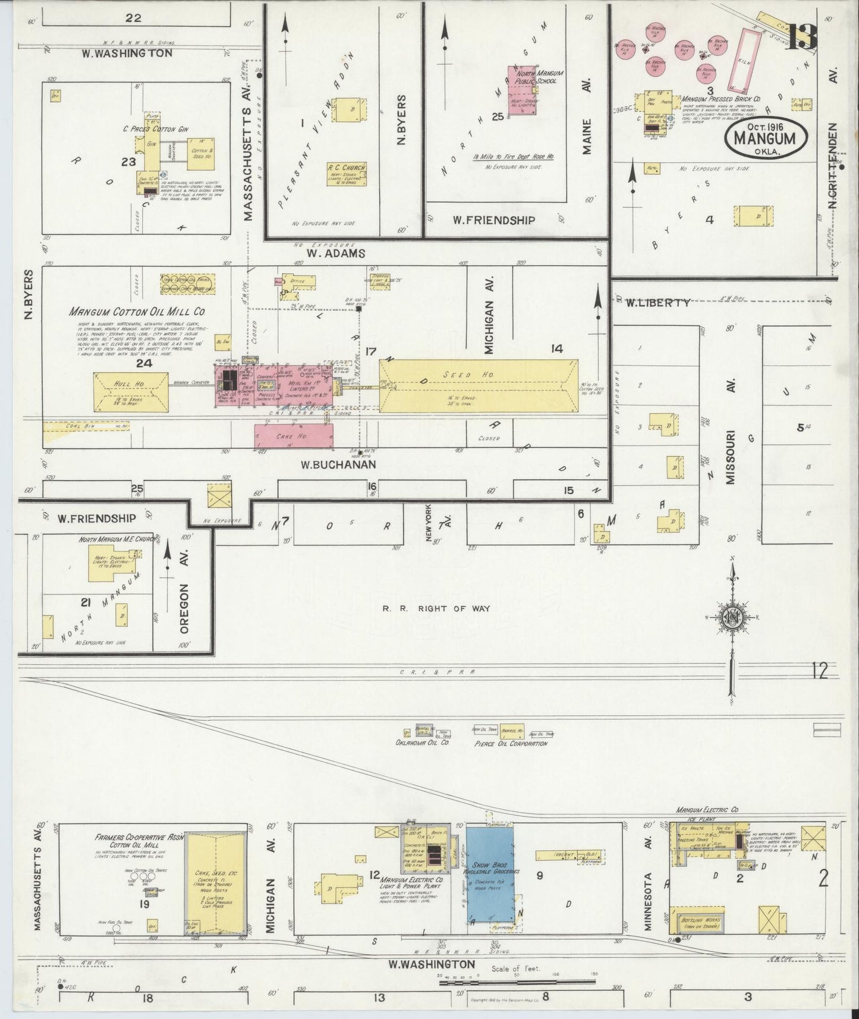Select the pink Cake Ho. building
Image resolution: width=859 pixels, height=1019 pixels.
[x=294, y=436]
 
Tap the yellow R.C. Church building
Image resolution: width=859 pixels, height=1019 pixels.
[x=346, y=174]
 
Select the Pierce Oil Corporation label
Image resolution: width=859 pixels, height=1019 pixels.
[x=509, y=743]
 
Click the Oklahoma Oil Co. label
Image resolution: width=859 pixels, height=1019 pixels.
[x=421, y=743]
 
